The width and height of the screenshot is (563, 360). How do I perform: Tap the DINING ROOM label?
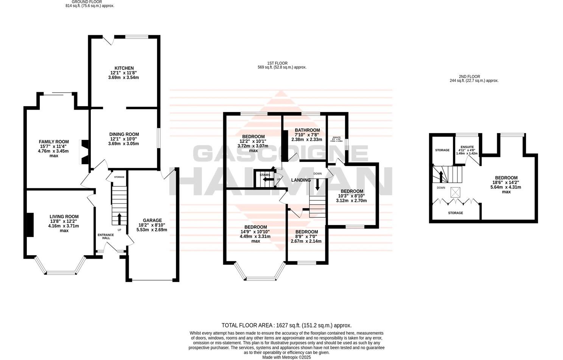click(x=124, y=134)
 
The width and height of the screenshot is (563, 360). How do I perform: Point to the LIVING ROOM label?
click(x=64, y=217)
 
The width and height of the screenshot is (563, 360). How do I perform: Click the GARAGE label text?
click(x=152, y=220)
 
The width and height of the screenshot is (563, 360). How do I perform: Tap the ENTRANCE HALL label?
click(x=106, y=236)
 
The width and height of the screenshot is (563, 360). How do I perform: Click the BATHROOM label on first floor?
click(x=307, y=130)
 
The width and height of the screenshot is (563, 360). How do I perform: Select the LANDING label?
click(x=301, y=180)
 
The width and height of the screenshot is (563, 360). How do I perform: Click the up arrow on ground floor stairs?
click(x=120, y=219)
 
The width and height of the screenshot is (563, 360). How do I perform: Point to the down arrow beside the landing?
click(x=317, y=184)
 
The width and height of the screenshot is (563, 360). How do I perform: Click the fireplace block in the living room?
click(x=30, y=225)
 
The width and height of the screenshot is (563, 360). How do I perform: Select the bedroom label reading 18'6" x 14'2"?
click(x=506, y=178)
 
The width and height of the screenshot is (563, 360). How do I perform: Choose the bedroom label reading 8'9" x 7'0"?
click(x=306, y=232)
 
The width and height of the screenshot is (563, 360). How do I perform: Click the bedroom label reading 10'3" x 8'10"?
click(x=352, y=191)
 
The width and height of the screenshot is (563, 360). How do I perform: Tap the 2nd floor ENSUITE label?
click(x=467, y=147)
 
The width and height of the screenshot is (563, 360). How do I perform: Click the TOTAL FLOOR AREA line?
click(x=286, y=325)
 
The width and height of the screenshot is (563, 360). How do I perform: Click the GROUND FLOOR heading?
click(x=90, y=2)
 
